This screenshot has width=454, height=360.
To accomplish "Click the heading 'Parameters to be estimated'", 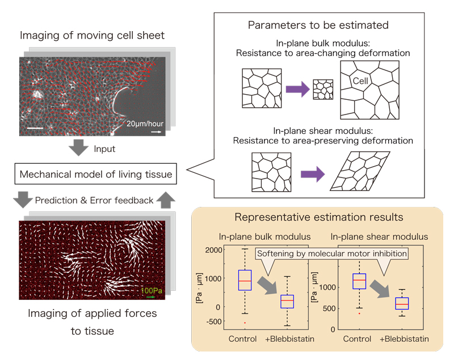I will pos(318,26).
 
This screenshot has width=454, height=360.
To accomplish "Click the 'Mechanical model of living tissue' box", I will pos(95,174).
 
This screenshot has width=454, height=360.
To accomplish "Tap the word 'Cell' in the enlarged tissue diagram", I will pos(360,82).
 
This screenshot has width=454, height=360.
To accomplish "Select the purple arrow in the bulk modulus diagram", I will pos(296,88).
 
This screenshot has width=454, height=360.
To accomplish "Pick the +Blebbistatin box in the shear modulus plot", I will pos(402,303).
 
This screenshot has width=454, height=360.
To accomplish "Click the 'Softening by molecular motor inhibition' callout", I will pos(333,253).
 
